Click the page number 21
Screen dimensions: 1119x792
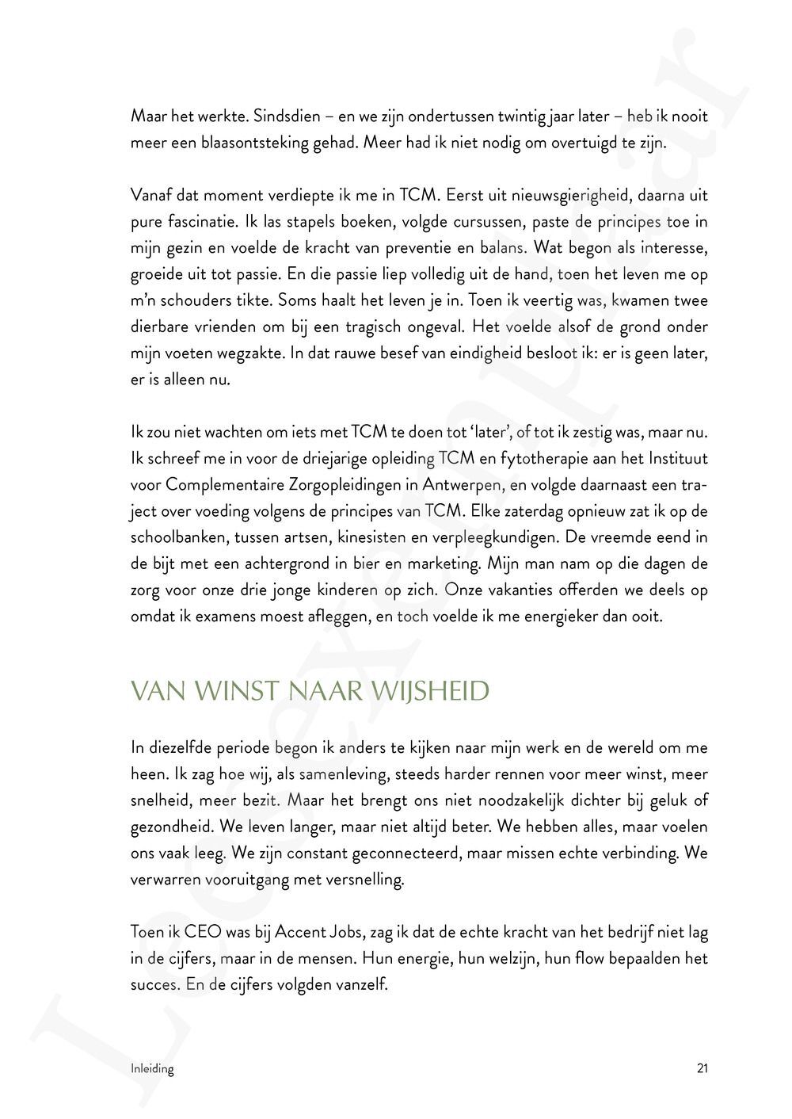[702, 1068]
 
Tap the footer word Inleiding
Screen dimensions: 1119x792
[152, 1068]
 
